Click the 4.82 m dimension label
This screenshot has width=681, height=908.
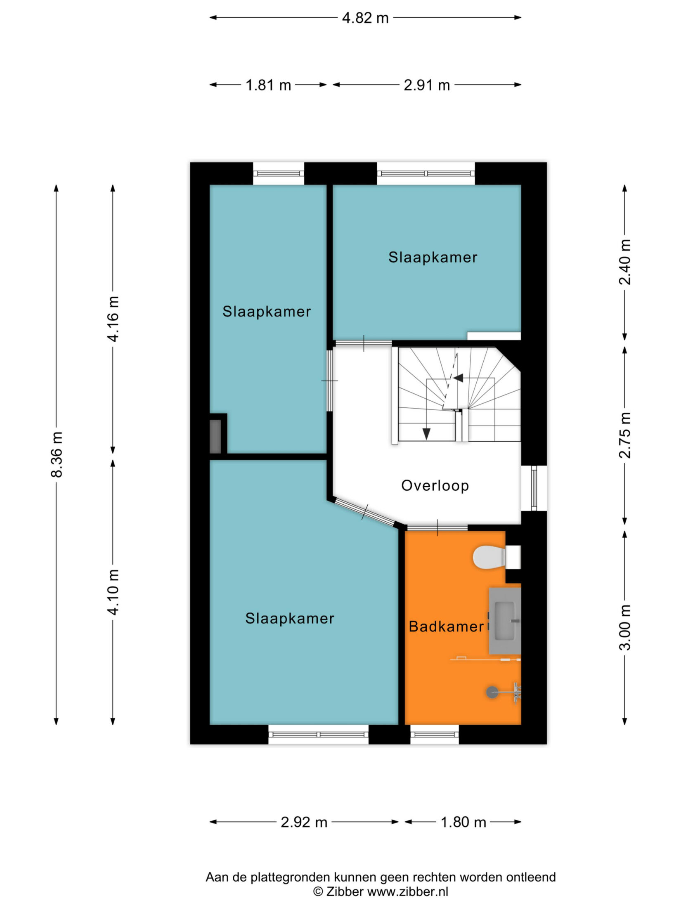click(365, 18)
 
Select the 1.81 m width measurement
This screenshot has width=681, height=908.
click(268, 85)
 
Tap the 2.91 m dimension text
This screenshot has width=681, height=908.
click(427, 85)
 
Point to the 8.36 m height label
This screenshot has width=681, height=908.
click(57, 454)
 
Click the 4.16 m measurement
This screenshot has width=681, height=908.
click(113, 319)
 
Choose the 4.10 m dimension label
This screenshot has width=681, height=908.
click(113, 592)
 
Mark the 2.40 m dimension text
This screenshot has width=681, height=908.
click(625, 262)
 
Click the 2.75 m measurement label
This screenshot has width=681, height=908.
click(625, 435)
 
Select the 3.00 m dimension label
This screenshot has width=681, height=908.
click(625, 627)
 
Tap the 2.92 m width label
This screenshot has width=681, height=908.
click(304, 822)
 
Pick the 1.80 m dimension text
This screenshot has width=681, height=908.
click(463, 822)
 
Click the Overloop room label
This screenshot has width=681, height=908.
click(435, 486)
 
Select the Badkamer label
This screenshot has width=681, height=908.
click(446, 627)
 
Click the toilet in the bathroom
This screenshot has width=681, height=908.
click(497, 557)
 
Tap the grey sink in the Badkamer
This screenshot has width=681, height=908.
click(505, 621)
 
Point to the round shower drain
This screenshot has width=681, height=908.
click(492, 692)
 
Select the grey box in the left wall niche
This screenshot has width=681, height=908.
click(215, 437)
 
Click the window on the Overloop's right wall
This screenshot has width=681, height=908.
click(534, 488)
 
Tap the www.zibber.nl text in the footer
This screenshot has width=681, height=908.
click(408, 891)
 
